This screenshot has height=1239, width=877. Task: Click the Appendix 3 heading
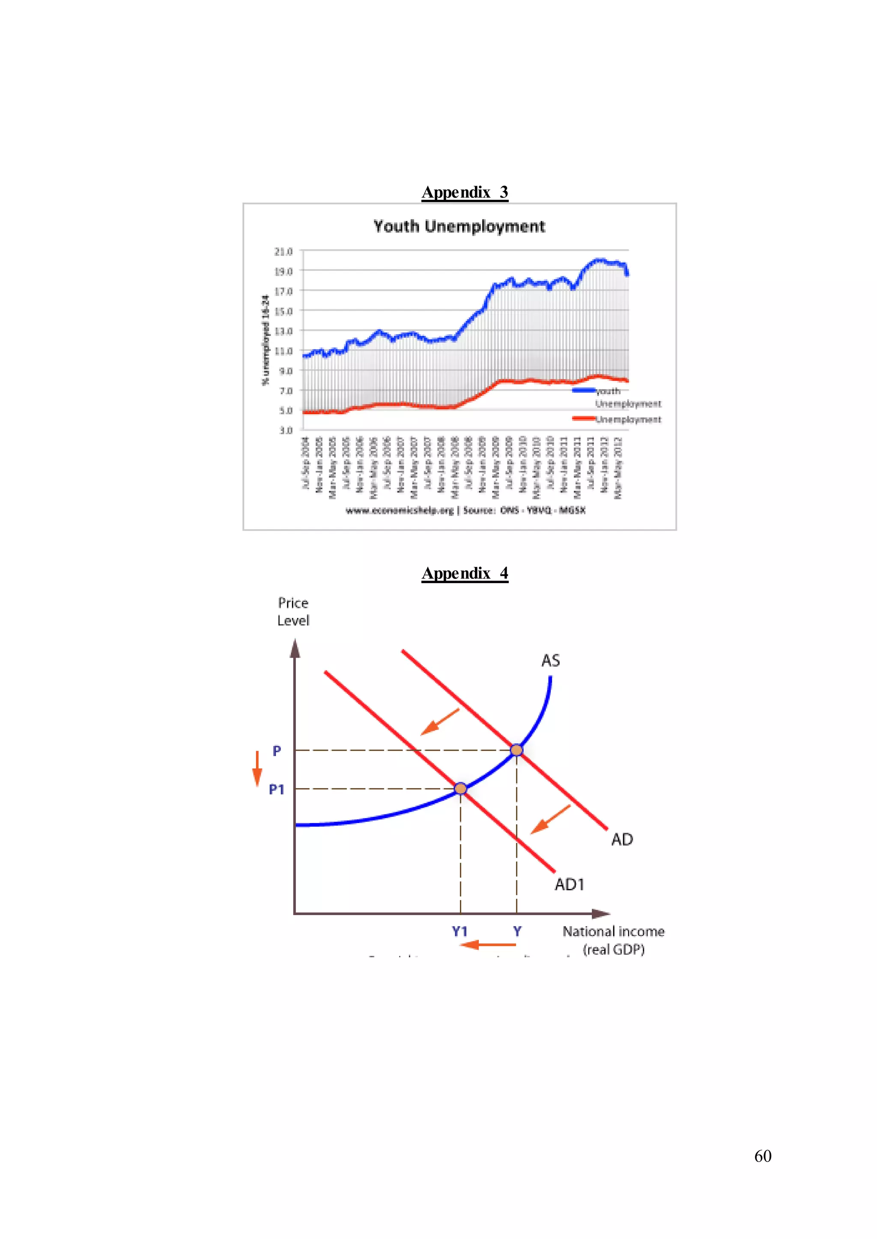(465, 192)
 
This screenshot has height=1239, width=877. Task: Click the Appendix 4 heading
(465, 573)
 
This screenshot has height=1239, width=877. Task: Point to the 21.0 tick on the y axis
(283, 252)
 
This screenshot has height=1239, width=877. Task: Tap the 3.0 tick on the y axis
(286, 430)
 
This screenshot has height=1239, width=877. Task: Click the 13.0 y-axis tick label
(283, 331)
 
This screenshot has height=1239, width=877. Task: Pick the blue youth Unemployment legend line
(583, 390)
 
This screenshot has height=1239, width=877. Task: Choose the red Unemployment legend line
(583, 418)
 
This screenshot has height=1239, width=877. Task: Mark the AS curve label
(550, 661)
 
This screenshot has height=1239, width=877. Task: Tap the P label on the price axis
(277, 751)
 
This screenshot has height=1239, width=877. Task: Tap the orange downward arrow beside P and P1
(257, 769)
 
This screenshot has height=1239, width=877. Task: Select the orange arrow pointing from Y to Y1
(488, 944)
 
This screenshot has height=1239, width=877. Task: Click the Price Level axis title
(293, 611)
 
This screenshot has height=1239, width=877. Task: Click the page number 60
(763, 1156)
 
